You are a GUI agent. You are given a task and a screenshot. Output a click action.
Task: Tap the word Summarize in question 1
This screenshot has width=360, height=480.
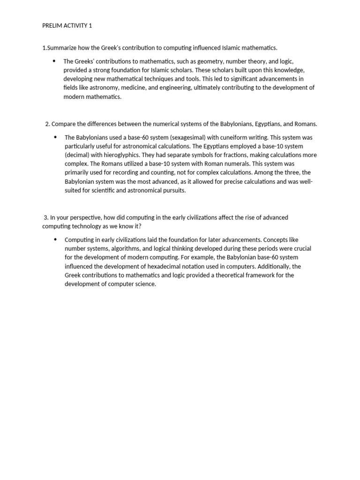point(62,48)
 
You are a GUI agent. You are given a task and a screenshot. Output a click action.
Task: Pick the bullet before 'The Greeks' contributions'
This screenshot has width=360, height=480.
point(54,61)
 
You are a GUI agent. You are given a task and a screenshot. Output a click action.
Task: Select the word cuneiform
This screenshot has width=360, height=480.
point(239,137)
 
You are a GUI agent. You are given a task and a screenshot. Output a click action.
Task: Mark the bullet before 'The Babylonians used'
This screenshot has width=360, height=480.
point(55,137)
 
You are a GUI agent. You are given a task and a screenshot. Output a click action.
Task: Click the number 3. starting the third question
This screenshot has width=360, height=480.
point(46,217)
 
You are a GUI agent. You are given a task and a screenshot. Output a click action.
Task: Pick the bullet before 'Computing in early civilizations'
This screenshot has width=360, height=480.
point(55,239)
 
